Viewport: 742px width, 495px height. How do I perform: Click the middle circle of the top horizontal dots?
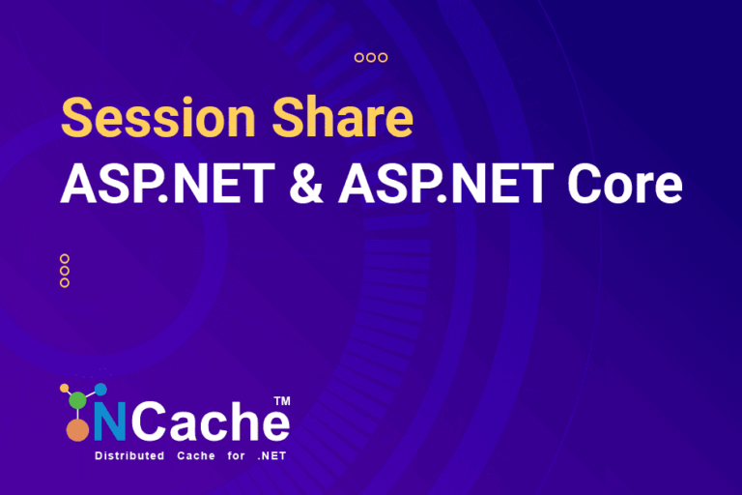(371, 58)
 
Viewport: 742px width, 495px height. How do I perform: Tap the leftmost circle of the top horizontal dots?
(359, 58)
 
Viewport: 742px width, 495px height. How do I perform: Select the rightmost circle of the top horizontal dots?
(383, 58)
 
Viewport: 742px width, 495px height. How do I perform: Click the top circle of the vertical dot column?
(65, 259)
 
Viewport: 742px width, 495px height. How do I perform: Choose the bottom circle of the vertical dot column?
(65, 282)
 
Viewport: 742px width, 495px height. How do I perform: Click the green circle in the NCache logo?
(77, 400)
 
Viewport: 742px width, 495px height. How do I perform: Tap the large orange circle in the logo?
(76, 432)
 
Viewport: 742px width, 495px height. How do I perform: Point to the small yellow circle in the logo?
(64, 389)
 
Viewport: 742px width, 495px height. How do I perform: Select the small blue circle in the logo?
(100, 389)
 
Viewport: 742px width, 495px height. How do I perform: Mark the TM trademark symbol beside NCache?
(282, 400)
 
